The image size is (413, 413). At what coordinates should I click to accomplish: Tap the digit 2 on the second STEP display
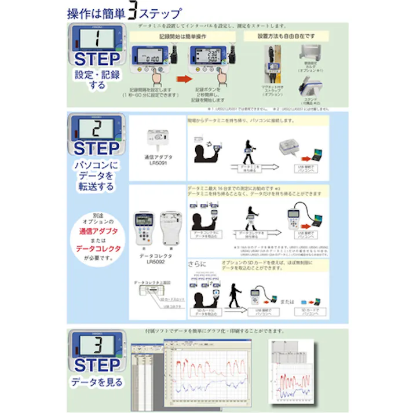pyautogui.click(x=97, y=129)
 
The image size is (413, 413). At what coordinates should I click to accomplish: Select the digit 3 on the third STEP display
pyautogui.click(x=97, y=346)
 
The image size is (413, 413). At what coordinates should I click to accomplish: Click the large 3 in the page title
pyautogui.click(x=134, y=12)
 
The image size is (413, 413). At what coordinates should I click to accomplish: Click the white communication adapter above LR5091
pyautogui.click(x=158, y=138)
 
